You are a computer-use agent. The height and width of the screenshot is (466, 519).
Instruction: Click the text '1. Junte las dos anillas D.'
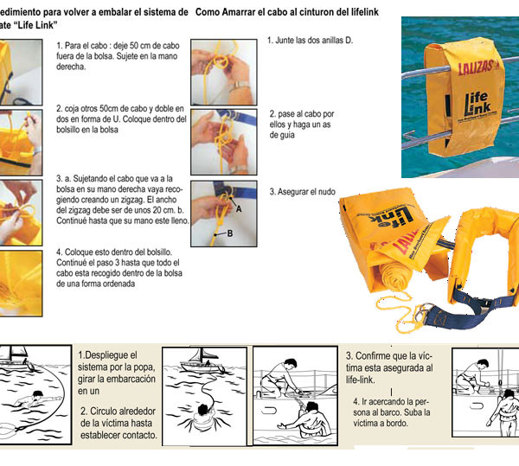(311, 41)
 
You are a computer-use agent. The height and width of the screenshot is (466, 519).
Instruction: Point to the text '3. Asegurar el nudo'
(303, 191)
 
